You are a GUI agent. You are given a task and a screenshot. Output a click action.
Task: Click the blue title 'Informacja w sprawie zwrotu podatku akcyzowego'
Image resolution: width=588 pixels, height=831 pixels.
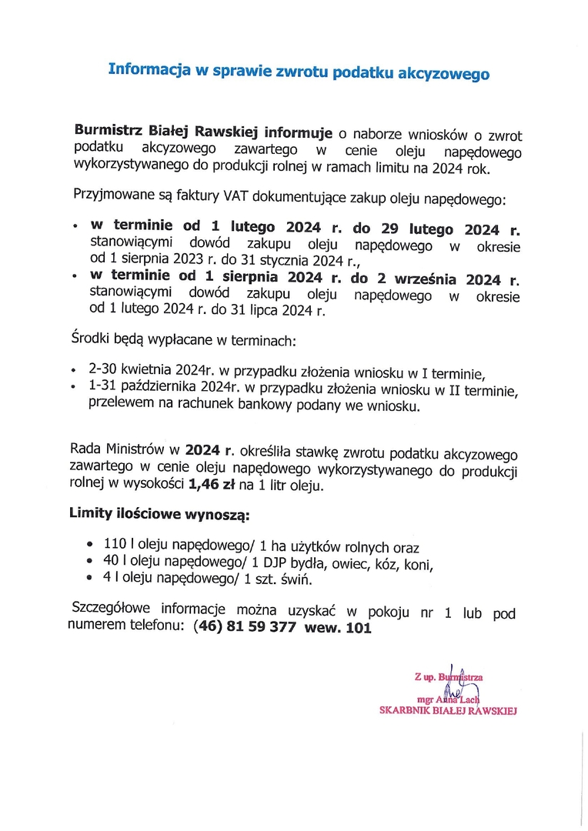[299, 72]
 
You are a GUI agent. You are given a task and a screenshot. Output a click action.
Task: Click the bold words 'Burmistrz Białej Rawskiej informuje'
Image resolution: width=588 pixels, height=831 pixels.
[203, 132]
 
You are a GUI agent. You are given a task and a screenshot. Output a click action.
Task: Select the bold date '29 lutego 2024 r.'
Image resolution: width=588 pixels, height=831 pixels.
[455, 229]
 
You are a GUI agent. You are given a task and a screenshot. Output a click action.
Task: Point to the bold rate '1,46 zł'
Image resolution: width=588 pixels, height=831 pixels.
[212, 485]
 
